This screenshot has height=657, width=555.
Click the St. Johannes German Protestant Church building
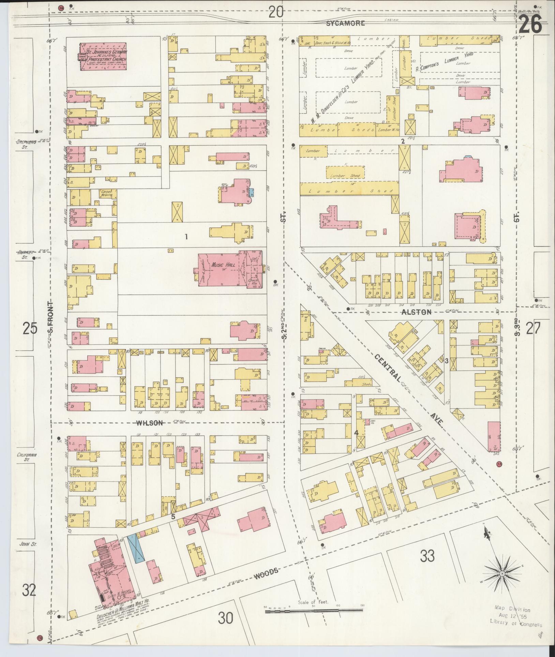point(103,57)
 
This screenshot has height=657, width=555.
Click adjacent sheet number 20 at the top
point(276,13)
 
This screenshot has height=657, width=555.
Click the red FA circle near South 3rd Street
point(500,464)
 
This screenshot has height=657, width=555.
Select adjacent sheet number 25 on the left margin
point(30,329)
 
